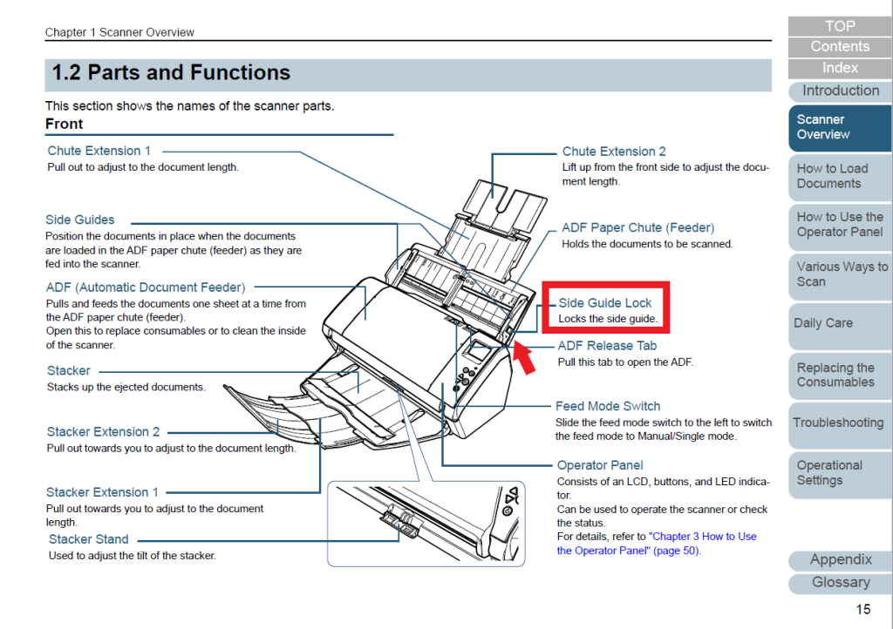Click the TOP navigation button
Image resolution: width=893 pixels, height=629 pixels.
[x=840, y=26]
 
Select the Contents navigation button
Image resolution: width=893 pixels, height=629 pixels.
[x=840, y=47]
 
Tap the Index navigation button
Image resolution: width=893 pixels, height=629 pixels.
[x=840, y=68]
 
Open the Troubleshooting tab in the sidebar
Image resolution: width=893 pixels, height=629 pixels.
[x=838, y=423]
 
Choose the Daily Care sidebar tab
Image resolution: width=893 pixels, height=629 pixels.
[x=823, y=323]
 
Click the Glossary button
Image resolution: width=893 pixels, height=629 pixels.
[x=841, y=583]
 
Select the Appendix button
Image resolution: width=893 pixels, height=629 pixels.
[x=841, y=560]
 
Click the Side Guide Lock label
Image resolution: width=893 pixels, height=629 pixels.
[x=605, y=303]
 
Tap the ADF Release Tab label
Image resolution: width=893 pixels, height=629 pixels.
[x=607, y=346]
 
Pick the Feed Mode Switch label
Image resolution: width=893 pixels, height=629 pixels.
[x=608, y=406]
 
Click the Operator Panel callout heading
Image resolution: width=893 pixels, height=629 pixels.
[x=600, y=465]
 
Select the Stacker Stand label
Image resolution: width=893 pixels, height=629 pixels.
[x=89, y=539]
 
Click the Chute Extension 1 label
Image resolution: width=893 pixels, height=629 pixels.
[x=99, y=151]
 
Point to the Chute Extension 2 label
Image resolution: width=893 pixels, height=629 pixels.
[x=614, y=152]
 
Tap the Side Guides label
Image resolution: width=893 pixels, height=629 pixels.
[x=80, y=220]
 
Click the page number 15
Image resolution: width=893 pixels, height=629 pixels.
[x=862, y=609]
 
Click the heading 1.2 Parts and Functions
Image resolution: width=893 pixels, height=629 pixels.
[x=171, y=73]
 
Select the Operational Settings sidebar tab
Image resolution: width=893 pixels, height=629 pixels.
[x=829, y=473]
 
